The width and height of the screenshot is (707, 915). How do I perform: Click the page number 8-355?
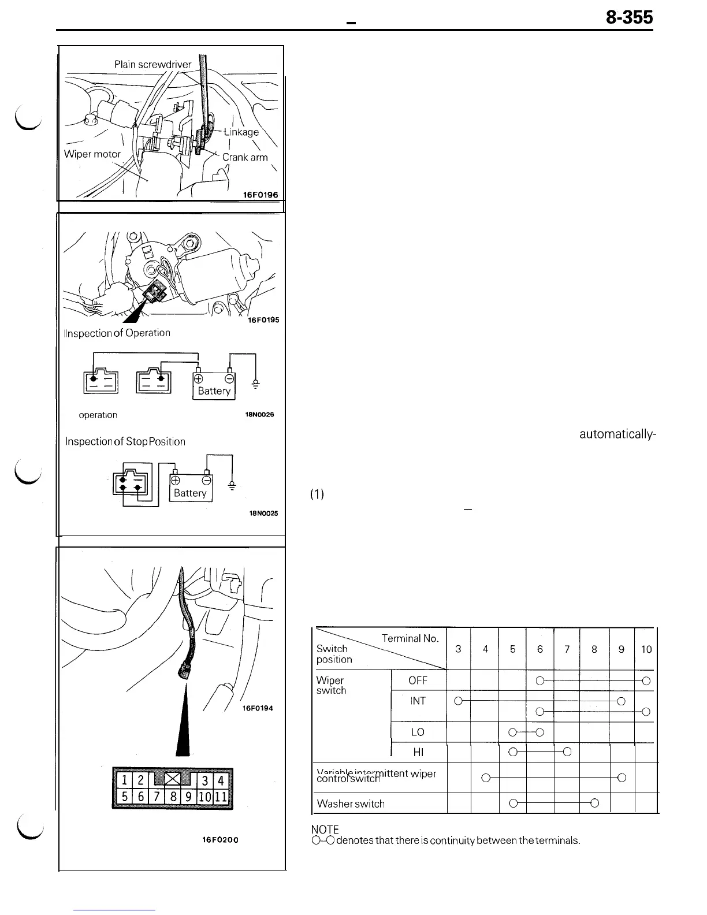(629, 18)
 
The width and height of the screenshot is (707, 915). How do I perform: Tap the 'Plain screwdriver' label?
(152, 65)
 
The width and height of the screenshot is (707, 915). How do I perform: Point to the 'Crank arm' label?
(245, 157)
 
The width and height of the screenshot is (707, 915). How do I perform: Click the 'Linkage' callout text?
(241, 132)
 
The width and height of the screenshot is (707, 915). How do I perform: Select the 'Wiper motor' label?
(92, 154)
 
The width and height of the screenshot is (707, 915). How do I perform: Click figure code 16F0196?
(260, 195)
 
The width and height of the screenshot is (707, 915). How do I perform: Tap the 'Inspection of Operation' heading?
(118, 333)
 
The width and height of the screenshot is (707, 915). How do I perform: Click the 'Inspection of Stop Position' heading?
(125, 442)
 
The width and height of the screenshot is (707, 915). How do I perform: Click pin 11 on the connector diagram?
(222, 798)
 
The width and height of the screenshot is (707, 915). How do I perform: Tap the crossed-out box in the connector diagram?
(173, 780)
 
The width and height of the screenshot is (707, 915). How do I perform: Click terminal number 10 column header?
(646, 649)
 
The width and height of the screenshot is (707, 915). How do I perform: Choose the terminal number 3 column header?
(458, 649)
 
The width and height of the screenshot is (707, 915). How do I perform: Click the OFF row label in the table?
(418, 680)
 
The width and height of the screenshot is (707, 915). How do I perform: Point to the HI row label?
(418, 752)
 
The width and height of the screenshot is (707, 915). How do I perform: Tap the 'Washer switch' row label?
(351, 804)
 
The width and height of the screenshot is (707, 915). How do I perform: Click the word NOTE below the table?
(325, 830)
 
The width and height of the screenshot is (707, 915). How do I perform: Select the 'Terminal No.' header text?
(410, 638)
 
